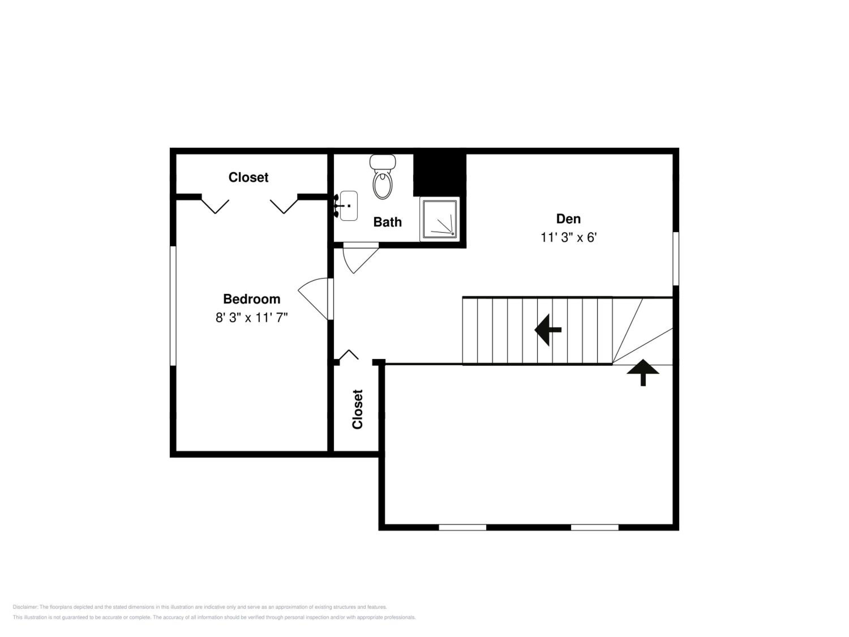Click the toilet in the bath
tap(382, 177)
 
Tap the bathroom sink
tap(348, 206)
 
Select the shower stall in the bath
tap(440, 219)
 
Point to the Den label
tap(569, 219)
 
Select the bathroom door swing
tap(361, 258)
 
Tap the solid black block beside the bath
tap(440, 175)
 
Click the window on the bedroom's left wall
tap(173, 306)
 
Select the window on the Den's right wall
tap(676, 258)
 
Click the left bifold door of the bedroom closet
tap(215, 206)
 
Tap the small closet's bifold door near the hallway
tap(348, 355)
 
